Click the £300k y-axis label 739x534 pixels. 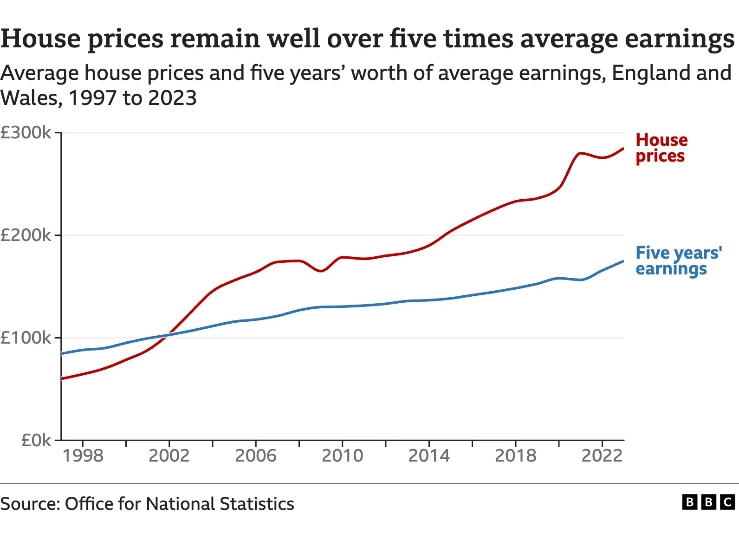[26, 133]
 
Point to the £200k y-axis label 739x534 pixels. [26, 235]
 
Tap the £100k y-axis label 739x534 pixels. [26, 338]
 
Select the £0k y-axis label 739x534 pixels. [36, 440]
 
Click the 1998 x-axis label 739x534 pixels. [83, 456]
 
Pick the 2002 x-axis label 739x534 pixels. [169, 456]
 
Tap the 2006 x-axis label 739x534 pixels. [256, 456]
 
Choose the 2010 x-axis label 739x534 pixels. [343, 456]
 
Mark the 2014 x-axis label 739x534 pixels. [429, 456]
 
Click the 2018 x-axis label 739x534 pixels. [516, 456]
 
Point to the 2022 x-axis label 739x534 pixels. [602, 456]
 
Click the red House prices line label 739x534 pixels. [661, 148]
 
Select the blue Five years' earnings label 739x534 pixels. [678, 260]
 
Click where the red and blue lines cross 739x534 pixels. [168, 335]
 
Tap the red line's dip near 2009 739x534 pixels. [321, 271]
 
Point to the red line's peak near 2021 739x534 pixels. [581, 153]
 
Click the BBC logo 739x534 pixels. [708, 502]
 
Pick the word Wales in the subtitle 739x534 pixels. [31, 98]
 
